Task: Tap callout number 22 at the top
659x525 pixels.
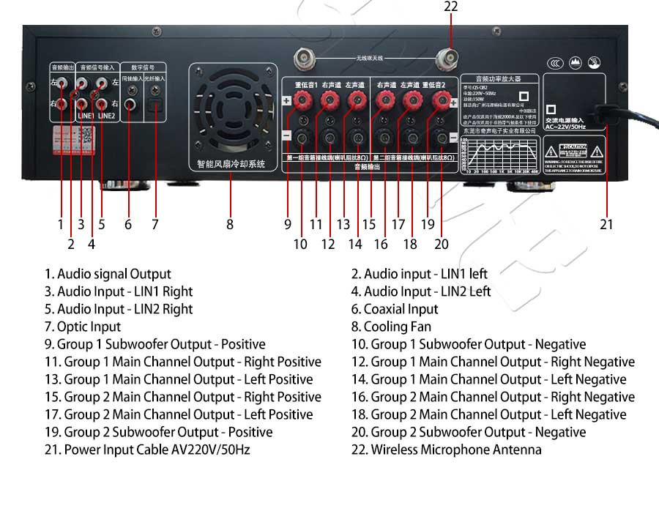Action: point(451,7)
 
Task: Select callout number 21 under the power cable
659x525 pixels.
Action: point(606,225)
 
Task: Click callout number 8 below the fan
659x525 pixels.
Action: point(230,225)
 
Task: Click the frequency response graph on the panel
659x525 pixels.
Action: point(501,153)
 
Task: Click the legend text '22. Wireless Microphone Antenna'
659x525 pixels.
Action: point(447,450)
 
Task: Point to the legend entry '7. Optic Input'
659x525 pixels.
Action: point(83,327)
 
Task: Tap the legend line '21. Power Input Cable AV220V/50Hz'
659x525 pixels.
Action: point(147,450)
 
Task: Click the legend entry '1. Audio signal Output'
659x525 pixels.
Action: point(108,274)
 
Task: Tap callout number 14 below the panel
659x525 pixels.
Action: point(355,244)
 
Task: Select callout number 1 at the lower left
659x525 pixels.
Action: point(61,225)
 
